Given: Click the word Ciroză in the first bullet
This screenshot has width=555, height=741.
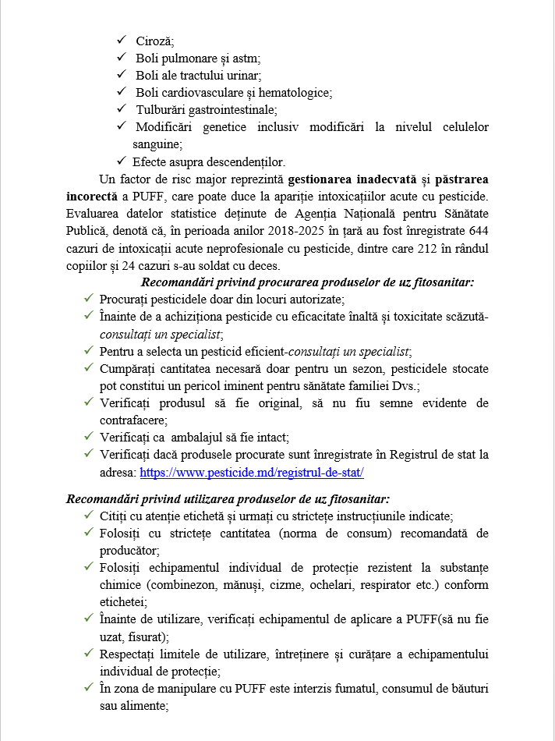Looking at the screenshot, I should tap(154, 41).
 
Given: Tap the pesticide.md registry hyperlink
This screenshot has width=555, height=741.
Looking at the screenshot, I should tap(252, 473).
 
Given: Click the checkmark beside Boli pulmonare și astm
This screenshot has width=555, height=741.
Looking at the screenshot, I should tap(121, 58).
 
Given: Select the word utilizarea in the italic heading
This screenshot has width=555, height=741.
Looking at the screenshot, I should tap(196, 499).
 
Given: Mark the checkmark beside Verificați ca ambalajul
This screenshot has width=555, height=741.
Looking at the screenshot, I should tap(89, 437).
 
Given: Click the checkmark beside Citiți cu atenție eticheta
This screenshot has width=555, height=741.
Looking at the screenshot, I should tap(89, 516).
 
